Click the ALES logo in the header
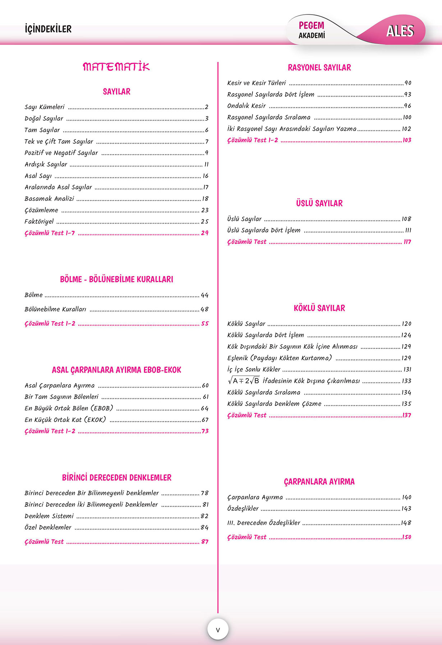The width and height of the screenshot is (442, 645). coord(400,31)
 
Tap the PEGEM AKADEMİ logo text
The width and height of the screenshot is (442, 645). coord(312,30)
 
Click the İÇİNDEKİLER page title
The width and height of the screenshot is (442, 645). coord(48,29)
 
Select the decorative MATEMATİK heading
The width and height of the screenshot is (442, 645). coord(116,67)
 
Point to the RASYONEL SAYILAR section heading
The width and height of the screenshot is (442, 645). coord(319,68)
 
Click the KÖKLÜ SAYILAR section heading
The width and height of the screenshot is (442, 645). coord(319,308)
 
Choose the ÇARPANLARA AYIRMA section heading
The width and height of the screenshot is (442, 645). coord(319,482)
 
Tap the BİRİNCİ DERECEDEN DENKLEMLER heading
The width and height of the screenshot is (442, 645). coord(116,478)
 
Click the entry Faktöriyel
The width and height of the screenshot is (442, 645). coord(39,222)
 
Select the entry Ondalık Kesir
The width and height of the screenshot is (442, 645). coord(247,106)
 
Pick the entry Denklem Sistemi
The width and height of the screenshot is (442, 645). coord(49,516)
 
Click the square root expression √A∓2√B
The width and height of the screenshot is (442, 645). coord(244,381)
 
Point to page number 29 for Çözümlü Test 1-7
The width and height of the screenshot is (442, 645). coord(204,233)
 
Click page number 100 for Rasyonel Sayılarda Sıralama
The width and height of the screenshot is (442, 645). coord(407,117)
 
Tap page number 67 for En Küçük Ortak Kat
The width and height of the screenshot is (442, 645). coord(205,420)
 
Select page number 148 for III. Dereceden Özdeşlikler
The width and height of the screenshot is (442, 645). coord(406,523)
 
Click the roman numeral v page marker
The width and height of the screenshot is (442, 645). coord(218,630)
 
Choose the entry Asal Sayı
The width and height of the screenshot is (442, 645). coord(38,176)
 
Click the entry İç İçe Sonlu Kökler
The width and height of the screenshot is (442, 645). coord(254,370)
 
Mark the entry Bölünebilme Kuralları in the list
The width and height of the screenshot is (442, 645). coord(55,309)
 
